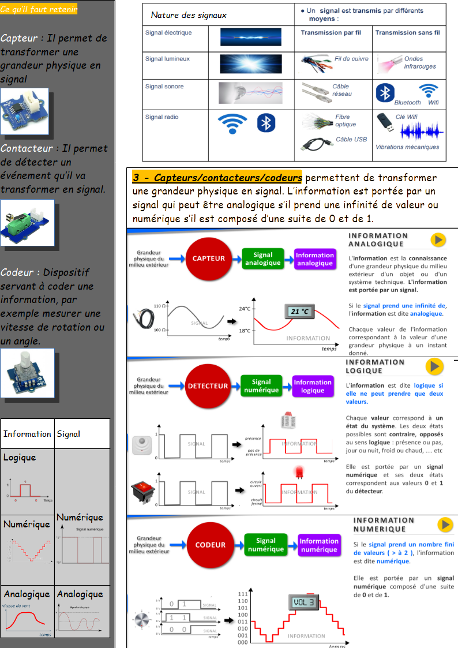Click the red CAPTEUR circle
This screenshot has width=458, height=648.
[208, 259]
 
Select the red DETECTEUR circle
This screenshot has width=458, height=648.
[208, 386]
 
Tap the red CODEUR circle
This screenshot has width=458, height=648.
[210, 545]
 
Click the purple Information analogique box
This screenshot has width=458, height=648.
[314, 259]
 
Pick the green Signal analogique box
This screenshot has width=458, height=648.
[262, 259]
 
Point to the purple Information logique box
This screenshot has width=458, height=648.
[312, 386]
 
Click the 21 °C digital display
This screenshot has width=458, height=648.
[299, 312]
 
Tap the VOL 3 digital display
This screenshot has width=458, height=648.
[303, 602]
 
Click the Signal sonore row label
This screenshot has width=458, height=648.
[164, 87]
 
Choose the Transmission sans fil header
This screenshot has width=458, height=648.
[407, 33]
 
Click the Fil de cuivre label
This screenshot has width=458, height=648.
[351, 59]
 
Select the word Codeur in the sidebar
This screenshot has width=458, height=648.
[19, 272]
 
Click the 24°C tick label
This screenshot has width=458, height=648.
[245, 308]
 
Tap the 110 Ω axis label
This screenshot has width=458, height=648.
[160, 305]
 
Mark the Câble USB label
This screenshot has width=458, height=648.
[351, 140]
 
